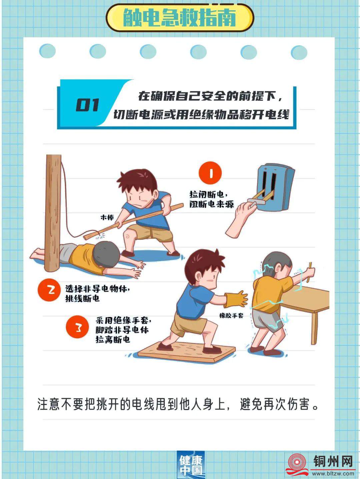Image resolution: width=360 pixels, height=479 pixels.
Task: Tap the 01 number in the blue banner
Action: click(x=87, y=105)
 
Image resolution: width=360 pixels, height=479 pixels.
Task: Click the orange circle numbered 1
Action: click(x=210, y=173)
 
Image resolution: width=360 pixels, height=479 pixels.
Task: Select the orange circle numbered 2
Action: click(x=49, y=290)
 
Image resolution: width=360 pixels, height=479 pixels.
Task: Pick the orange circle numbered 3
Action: click(x=77, y=327)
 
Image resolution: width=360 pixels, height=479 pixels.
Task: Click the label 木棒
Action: click(x=107, y=217)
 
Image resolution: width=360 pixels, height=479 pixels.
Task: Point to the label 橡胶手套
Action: click(x=231, y=316)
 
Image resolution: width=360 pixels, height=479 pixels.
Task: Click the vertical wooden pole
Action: click(x=52, y=213)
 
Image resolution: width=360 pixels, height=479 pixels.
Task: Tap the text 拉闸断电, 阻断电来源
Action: click(x=211, y=199)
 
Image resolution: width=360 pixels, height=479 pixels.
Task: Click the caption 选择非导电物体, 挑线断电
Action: click(x=98, y=293)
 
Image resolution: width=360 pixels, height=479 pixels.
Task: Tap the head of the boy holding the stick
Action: click(x=137, y=185)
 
